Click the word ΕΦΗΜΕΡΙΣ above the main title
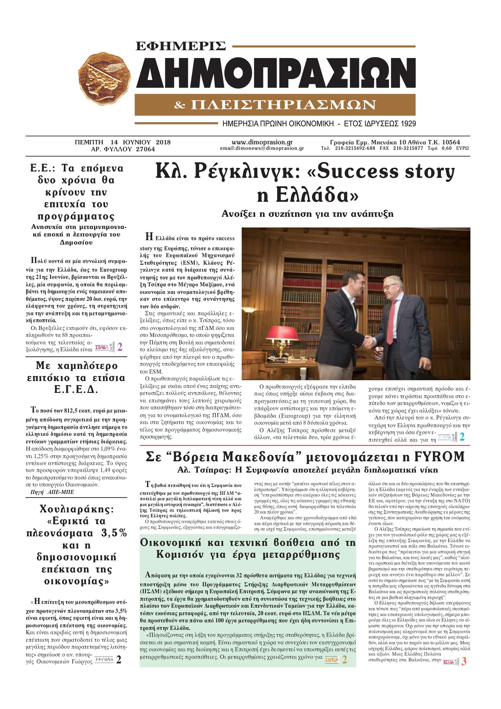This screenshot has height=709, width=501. click(181, 46)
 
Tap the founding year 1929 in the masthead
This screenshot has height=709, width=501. click(408, 124)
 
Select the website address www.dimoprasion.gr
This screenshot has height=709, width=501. click(262, 142)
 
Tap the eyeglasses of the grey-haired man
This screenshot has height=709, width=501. click(389, 287)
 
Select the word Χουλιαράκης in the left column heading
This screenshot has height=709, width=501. click(77, 509)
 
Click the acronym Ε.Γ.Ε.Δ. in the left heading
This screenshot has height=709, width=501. click(76, 390)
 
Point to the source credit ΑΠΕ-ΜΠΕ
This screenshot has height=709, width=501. click(61, 492)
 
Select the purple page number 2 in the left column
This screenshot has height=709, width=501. click(120, 347)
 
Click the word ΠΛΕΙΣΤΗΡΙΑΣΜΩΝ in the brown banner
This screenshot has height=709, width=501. click(283, 105)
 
